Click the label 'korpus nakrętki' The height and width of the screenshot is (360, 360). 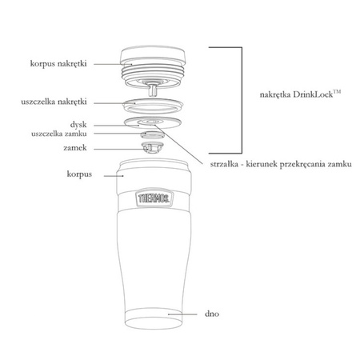click(x=58, y=64)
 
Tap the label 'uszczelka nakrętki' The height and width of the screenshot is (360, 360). click(x=54, y=102)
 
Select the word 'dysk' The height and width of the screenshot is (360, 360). click(x=78, y=125)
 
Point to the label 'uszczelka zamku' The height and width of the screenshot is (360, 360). click(x=59, y=134)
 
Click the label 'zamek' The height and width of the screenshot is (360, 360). click(x=75, y=148)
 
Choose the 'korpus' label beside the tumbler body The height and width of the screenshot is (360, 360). click(x=79, y=174)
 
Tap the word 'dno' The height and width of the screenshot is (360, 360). click(x=212, y=314)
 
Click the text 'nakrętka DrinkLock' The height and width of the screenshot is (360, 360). click(x=297, y=94)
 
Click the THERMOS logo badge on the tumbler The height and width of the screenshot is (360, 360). click(x=154, y=198)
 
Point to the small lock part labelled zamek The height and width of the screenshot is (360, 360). click(x=152, y=148)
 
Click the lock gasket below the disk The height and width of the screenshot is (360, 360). click(x=152, y=134)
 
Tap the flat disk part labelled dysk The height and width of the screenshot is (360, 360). click(x=153, y=122)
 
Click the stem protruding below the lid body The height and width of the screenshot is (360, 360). click(x=153, y=90)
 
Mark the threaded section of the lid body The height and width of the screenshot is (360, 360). click(x=153, y=73)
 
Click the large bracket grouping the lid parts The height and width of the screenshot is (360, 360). click(x=242, y=100)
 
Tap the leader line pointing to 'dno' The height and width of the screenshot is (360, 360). click(x=182, y=314)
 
